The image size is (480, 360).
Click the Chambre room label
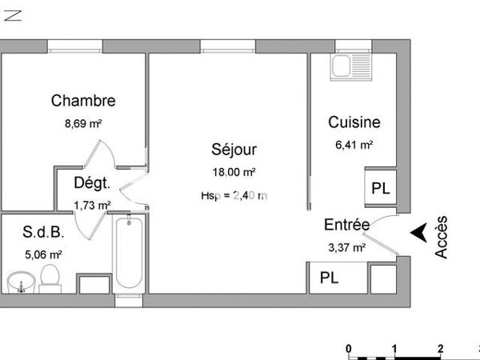point(83,101)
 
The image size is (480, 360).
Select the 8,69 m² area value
point(83,124)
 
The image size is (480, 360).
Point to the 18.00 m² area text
point(234,172)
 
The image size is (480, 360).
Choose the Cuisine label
point(354,122)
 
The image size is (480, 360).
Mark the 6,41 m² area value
point(354,146)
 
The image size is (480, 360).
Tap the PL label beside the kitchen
point(381,189)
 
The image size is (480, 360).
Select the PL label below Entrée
point(329,278)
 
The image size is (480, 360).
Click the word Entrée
point(346,225)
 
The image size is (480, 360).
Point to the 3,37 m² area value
point(346,248)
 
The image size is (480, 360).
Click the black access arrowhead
point(418,232)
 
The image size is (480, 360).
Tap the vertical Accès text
point(442,237)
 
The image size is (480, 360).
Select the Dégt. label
point(91,183)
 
